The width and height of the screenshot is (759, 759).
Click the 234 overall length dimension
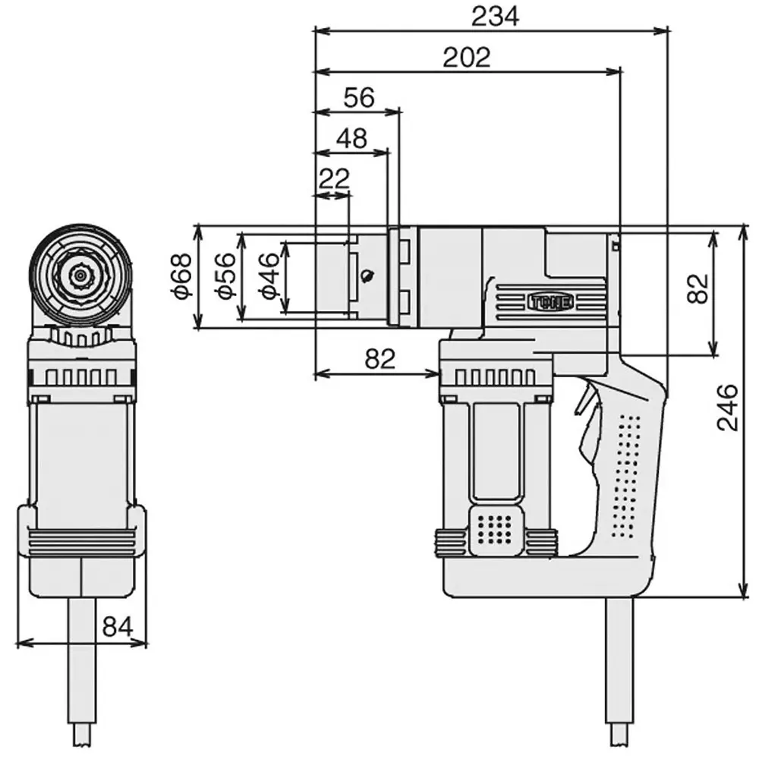pos(494,16)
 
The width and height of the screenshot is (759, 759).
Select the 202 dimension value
pos(467,57)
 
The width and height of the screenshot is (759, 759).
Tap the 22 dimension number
pos(334,179)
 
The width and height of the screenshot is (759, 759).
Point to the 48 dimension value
pos(351,138)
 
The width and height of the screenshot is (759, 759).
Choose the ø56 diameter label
pos(225,276)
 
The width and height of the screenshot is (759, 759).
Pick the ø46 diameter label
pos(268,276)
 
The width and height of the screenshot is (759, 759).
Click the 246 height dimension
pos(727,408)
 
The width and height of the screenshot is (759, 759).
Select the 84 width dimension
pos(118,627)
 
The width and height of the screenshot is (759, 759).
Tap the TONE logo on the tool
pos(550,301)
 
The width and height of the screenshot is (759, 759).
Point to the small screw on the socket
pos(368,276)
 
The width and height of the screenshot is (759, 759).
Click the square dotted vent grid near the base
pos(498,528)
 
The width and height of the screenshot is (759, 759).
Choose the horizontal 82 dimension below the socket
pos(379,359)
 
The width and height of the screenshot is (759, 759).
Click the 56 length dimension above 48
pos(359,97)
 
